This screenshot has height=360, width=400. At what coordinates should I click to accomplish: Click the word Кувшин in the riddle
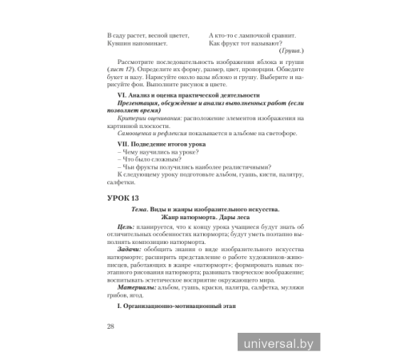tap(118, 45)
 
